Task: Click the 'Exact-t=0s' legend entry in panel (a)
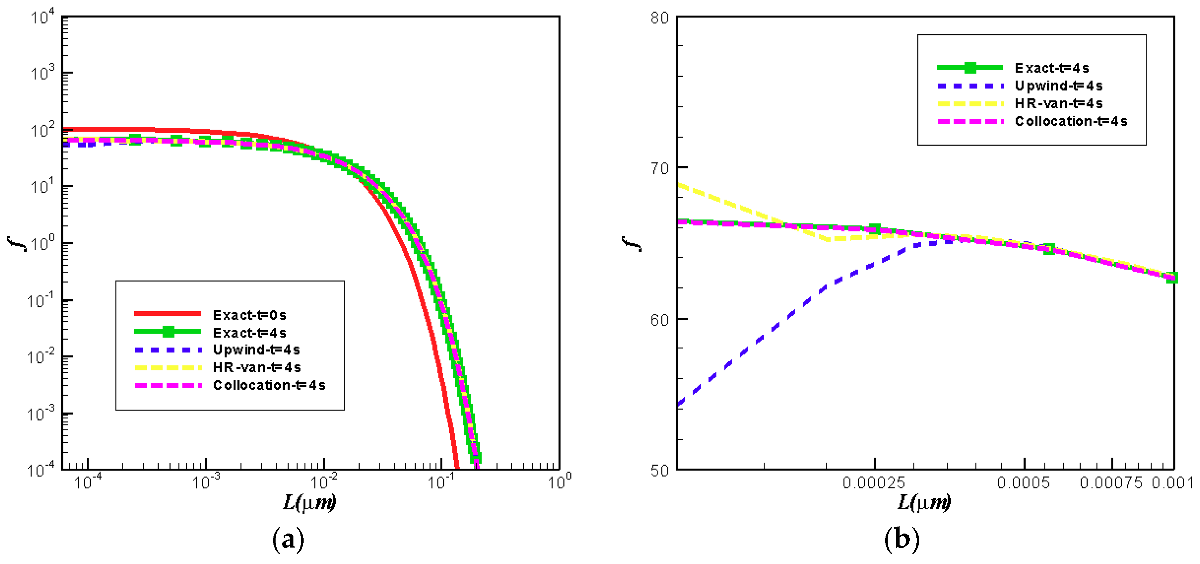coord(249,315)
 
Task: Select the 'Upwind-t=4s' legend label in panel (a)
coord(256,350)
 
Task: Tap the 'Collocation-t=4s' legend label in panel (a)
coord(269,385)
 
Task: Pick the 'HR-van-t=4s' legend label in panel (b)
coord(1059,103)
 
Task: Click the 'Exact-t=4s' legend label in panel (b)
coord(1052,68)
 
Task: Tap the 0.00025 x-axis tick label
coord(873,483)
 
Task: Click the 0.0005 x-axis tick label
coord(1024,483)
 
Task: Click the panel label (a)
coord(288,539)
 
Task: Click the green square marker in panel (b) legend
coord(970,68)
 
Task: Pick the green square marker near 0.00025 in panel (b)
coord(875,229)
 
